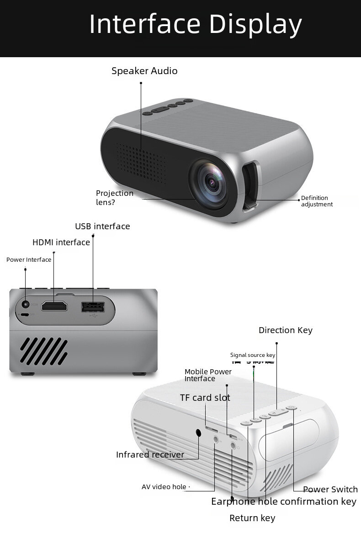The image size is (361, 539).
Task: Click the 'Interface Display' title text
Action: pyautogui.click(x=195, y=24)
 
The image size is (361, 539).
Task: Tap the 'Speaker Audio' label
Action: pyautogui.click(x=144, y=71)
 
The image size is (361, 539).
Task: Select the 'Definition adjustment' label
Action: pyautogui.click(x=316, y=201)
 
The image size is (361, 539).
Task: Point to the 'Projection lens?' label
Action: pyautogui.click(x=114, y=198)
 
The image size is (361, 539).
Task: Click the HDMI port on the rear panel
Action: pyautogui.click(x=54, y=306)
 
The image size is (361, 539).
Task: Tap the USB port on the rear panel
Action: pyautogui.click(x=93, y=307)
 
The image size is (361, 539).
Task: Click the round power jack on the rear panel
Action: pyautogui.click(x=26, y=304)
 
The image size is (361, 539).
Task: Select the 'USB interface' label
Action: pyautogui.click(x=102, y=226)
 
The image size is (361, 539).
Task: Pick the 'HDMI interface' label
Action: pyautogui.click(x=61, y=243)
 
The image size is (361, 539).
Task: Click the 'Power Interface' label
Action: pyautogui.click(x=29, y=260)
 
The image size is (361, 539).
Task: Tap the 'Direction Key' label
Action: pyautogui.click(x=286, y=330)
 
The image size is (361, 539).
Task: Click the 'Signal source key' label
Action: pyautogui.click(x=253, y=355)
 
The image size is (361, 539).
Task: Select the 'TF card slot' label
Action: pyautogui.click(x=205, y=398)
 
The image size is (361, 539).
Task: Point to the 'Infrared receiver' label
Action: pyautogui.click(x=150, y=455)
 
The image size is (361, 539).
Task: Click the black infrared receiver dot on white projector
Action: pyautogui.click(x=199, y=432)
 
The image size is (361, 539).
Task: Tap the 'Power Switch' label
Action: pyautogui.click(x=330, y=490)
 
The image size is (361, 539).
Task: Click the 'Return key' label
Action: pyautogui.click(x=252, y=518)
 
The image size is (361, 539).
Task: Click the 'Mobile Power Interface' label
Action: pyautogui.click(x=208, y=375)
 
